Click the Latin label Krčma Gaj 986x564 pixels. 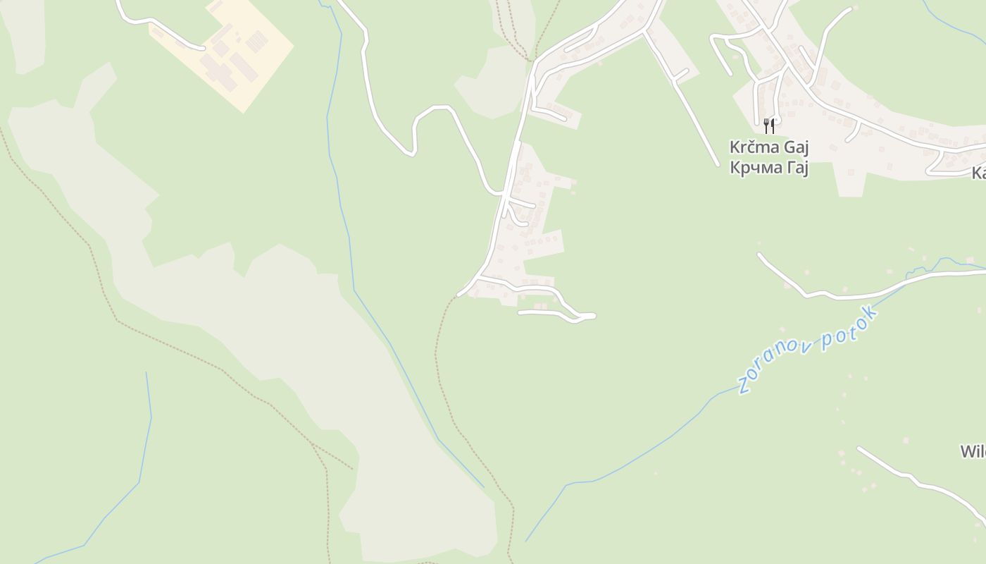point(768,148)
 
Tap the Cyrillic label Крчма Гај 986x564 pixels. point(768,168)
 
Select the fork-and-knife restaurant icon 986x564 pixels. point(769,126)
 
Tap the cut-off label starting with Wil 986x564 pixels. point(973,452)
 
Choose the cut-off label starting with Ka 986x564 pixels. point(978,173)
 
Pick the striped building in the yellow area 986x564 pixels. point(256,40)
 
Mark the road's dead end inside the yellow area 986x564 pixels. point(203,49)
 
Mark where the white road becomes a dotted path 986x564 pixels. point(458,295)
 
